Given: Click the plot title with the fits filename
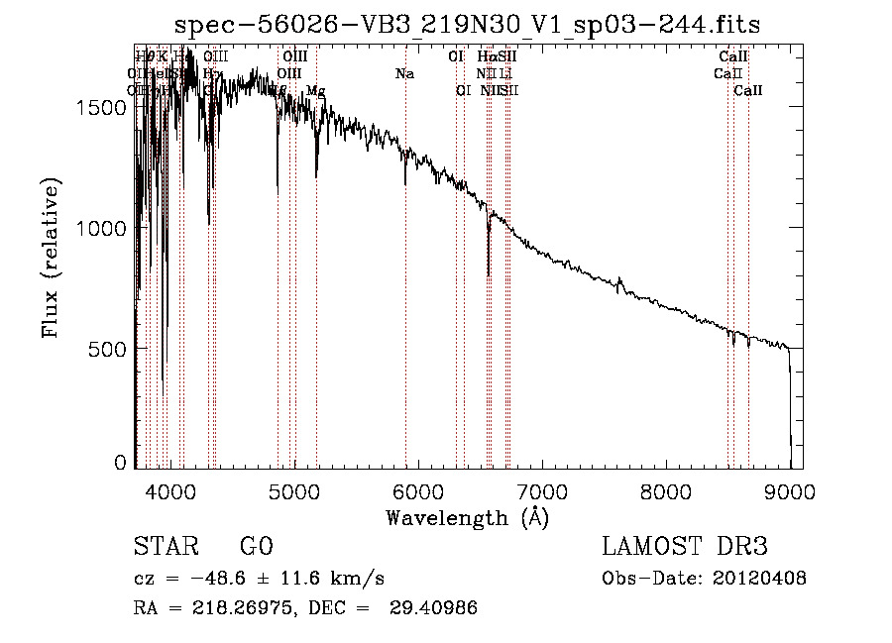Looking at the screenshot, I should coord(467,25).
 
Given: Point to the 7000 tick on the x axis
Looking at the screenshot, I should coord(542,490).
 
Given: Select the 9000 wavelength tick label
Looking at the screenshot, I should coord(790,490).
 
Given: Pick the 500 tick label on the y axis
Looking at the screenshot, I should coord(109,349).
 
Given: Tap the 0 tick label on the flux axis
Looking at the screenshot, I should coord(122,463).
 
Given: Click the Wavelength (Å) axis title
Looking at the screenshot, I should coord(467,517).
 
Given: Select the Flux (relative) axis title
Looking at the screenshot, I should coord(51,258).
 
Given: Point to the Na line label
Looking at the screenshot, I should coord(404,74).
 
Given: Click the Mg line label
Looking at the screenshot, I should coord(315,91).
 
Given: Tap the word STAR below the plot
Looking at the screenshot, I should coord(163,547).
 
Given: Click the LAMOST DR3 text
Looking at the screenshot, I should coord(685,547).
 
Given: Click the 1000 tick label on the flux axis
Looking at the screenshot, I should coord(102,228).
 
